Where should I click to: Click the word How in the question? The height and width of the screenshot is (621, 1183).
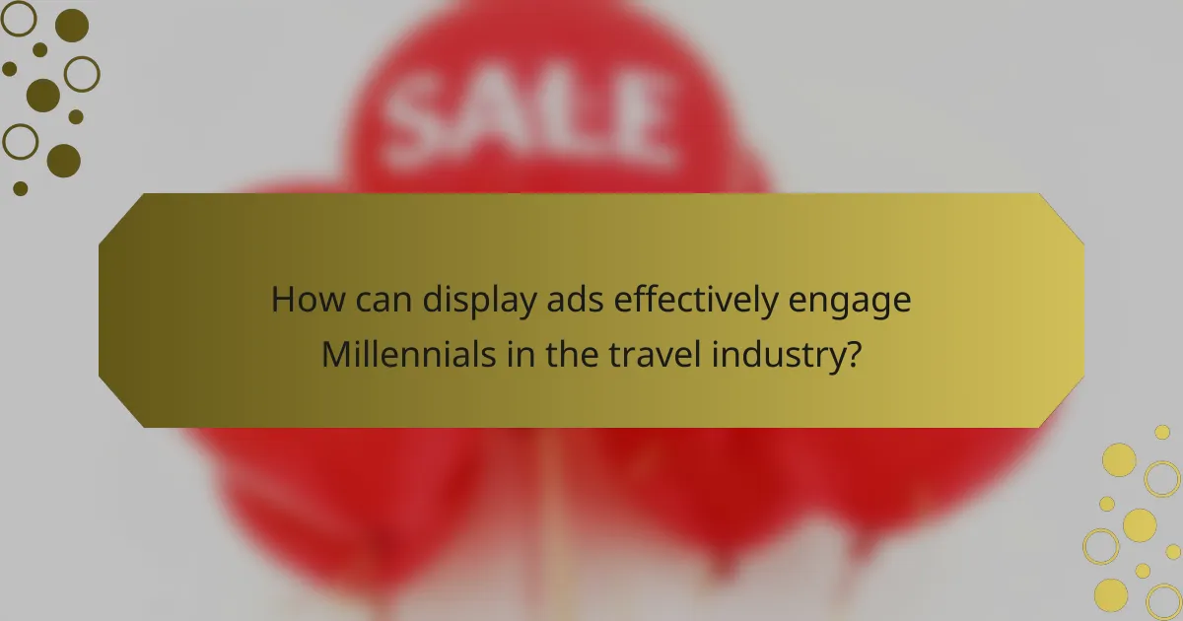[301, 300]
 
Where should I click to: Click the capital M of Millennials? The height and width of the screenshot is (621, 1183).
[339, 354]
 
